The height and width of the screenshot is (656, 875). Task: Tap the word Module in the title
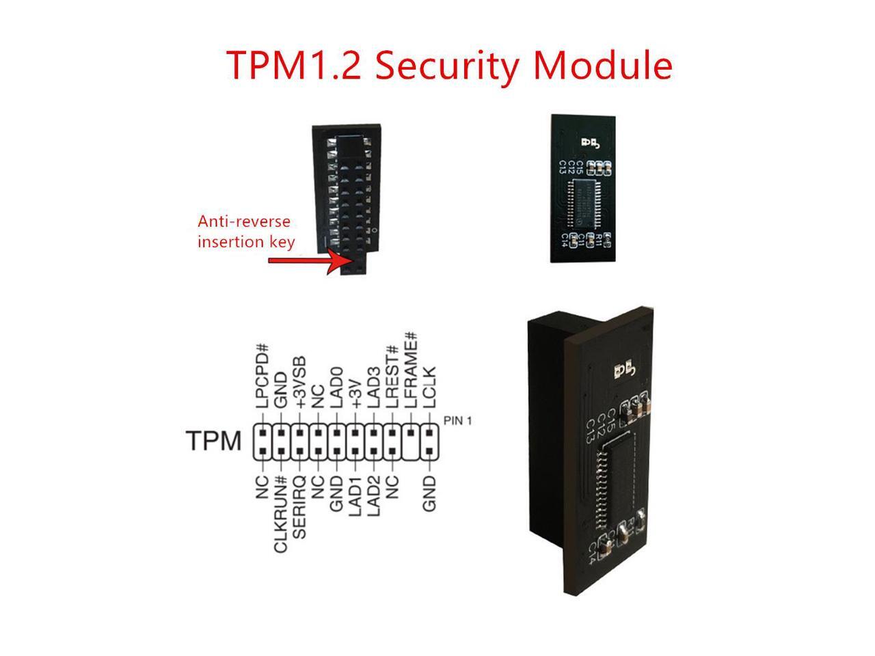(603, 66)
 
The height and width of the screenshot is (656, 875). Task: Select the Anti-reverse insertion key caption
(246, 232)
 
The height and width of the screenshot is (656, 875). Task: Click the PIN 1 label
(457, 420)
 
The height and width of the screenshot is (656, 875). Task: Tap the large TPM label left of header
(213, 441)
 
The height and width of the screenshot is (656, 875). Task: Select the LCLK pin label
(429, 387)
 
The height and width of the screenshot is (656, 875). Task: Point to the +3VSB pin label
(299, 383)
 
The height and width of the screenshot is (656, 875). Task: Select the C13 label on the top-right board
(563, 166)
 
